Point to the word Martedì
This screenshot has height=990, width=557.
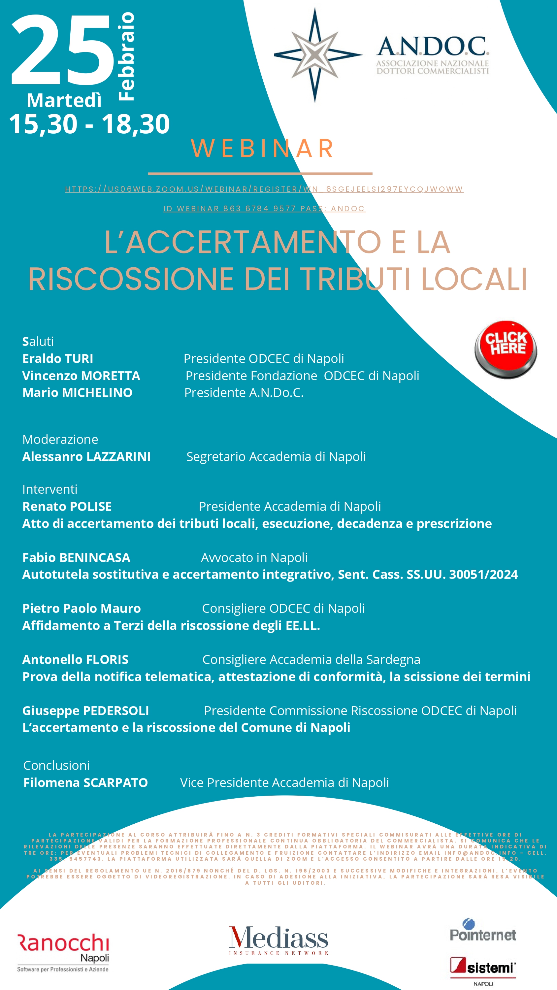pos(64,101)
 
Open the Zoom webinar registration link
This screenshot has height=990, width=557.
pos(264,189)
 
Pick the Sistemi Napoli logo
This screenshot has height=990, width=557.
pos(483,970)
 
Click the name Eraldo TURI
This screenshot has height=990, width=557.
pos(58,359)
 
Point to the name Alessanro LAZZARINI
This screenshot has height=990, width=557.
pos(86,457)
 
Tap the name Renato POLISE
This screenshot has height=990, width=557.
pos(67,507)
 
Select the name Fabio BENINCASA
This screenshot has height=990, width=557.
pos(76,558)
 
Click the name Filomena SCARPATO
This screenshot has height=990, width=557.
pos(85,782)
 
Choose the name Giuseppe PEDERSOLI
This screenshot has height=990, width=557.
pos(85,710)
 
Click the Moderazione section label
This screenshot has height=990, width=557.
pos(60,439)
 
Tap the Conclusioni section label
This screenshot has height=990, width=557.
pos(56,765)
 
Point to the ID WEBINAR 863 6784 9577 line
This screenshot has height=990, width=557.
pos(264,209)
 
